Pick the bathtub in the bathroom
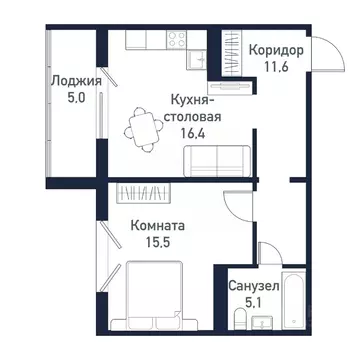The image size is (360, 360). [x=298, y=297]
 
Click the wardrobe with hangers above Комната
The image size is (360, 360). [x=146, y=191]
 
